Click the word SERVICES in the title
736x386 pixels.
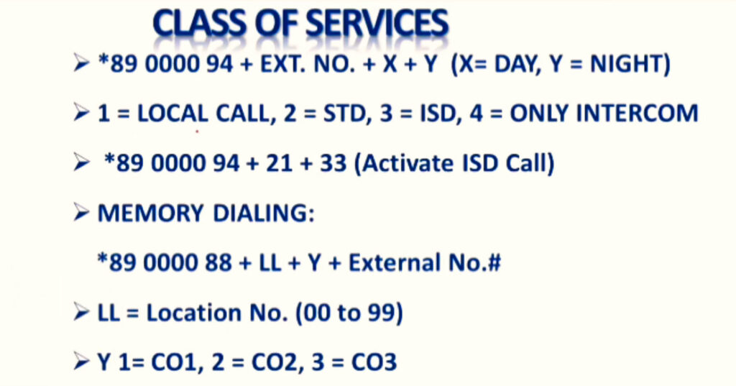(x=377, y=24)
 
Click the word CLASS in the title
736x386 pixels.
(x=200, y=24)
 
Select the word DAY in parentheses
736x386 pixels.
(x=515, y=63)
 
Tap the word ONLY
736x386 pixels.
(x=538, y=114)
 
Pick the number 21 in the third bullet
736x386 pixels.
(x=279, y=163)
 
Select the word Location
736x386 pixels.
(x=193, y=312)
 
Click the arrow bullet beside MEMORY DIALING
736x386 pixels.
(x=81, y=213)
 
